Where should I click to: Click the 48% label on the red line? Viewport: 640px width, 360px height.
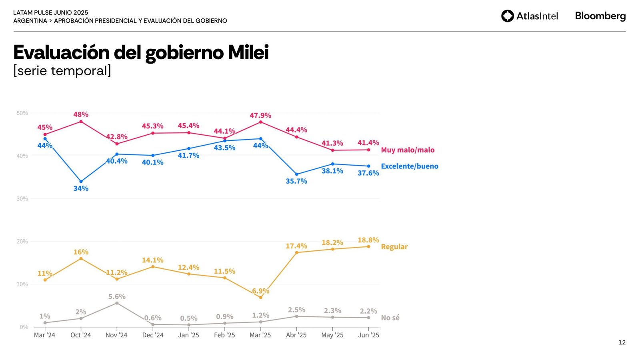tap(81, 114)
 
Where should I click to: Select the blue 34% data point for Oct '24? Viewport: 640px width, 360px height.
tap(81, 182)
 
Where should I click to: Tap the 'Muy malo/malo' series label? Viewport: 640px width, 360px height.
tap(408, 150)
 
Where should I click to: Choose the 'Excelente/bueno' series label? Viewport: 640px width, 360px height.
tap(410, 166)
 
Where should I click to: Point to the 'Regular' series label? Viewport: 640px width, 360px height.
tap(394, 247)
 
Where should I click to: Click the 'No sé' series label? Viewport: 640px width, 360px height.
tap(390, 318)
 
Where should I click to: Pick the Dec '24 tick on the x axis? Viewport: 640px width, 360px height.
tap(153, 335)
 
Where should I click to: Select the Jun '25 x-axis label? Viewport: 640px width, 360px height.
tap(368, 335)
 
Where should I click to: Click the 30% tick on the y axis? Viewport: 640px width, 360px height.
tap(22, 199)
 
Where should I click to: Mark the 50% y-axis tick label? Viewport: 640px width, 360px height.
tap(22, 113)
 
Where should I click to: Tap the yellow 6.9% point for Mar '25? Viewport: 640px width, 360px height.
tap(261, 298)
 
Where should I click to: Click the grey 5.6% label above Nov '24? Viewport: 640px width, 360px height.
tap(117, 296)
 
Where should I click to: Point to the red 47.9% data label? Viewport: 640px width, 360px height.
tap(260, 116)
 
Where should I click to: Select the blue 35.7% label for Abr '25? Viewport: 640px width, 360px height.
tap(296, 181)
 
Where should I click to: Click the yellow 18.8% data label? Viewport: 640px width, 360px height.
tap(368, 240)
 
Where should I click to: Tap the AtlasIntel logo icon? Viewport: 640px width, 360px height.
tap(508, 16)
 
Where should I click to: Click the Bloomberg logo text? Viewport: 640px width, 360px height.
tap(600, 16)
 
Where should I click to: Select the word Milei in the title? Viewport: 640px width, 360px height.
tap(248, 52)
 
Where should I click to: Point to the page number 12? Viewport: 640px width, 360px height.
tap(622, 342)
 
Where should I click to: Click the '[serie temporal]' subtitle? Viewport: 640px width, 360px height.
tap(62, 71)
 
